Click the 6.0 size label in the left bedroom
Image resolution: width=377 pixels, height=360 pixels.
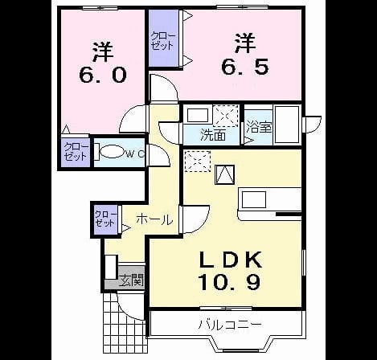pyautogui.click(x=103, y=74)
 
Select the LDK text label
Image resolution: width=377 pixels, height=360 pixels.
pyautogui.click(x=230, y=260)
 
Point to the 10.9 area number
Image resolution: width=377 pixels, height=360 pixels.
pyautogui.click(x=229, y=282)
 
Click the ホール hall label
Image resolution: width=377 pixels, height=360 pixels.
pyautogui.click(x=154, y=220)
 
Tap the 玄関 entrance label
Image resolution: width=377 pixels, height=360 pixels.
pyautogui.click(x=132, y=280)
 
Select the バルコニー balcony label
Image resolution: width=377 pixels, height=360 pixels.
pyautogui.click(x=229, y=325)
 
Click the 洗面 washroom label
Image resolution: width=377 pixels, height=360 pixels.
pyautogui.click(x=213, y=135)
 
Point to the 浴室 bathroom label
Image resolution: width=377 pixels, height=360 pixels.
pyautogui.click(x=259, y=126)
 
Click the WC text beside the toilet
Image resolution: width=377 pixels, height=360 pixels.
pyautogui.click(x=135, y=153)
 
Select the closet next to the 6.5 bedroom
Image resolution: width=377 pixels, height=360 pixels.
pyautogui.click(x=164, y=39)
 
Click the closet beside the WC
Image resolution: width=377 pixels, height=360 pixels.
pyautogui.click(x=76, y=152)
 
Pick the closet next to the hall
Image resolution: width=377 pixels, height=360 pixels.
pyautogui.click(x=106, y=219)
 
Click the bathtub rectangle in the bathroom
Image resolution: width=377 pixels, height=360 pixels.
pyautogui.click(x=288, y=125)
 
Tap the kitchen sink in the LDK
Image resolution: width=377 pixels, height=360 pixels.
pyautogui.click(x=254, y=199)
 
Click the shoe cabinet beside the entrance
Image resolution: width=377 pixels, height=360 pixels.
pyautogui.click(x=111, y=267)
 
